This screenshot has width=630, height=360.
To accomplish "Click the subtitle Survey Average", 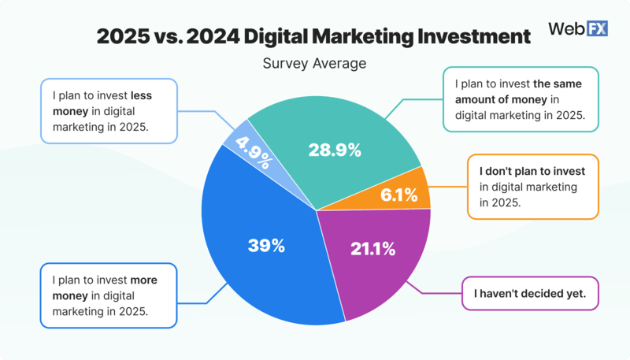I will [x=315, y=63].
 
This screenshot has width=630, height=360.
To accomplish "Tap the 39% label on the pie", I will [x=267, y=246].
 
